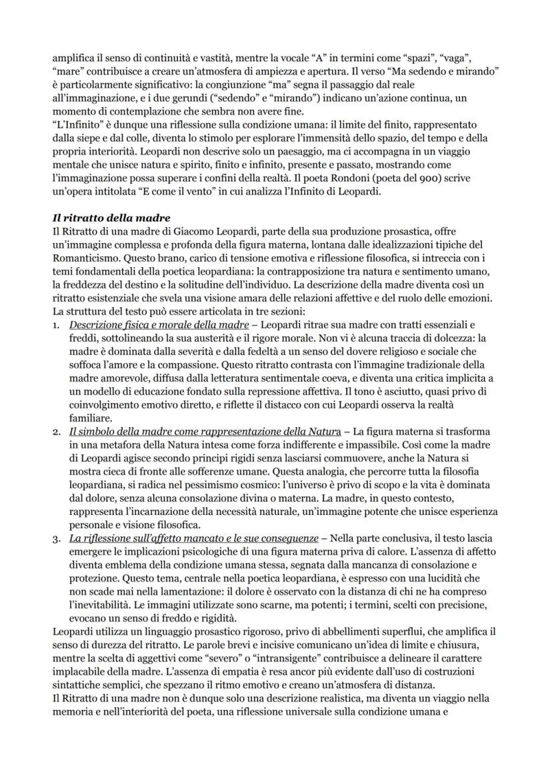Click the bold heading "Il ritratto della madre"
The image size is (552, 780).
tap(105, 218)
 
